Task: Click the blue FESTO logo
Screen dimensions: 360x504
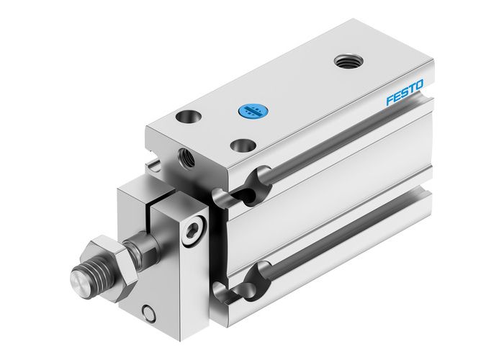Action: tap(405, 95)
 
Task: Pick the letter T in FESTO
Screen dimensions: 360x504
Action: tap(413, 91)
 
